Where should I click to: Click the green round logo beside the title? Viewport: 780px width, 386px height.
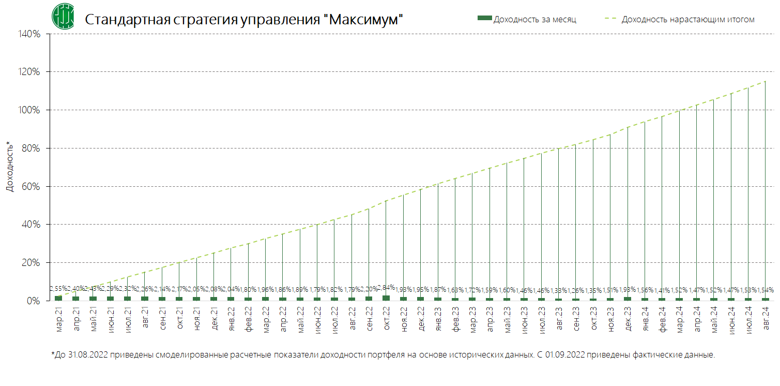click(x=63, y=16)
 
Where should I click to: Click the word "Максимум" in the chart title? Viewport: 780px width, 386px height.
click(x=362, y=20)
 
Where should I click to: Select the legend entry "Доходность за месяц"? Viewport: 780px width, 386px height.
click(x=534, y=19)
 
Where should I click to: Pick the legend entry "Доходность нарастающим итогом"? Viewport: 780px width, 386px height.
click(x=687, y=19)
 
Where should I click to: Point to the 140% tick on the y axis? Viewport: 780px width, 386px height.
click(x=29, y=34)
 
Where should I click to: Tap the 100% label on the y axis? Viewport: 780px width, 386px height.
click(x=29, y=110)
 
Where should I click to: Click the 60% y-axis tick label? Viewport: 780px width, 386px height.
click(x=31, y=186)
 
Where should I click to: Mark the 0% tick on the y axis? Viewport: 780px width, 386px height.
click(x=33, y=301)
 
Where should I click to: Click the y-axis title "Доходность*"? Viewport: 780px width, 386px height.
click(x=9, y=166)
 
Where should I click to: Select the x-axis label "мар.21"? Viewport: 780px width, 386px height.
click(x=58, y=319)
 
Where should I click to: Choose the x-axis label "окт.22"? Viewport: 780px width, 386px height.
click(x=386, y=319)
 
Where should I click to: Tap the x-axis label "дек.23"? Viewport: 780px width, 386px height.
click(x=628, y=319)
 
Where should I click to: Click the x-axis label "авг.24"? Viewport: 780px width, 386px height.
click(x=766, y=319)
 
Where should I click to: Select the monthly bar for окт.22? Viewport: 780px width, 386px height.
click(x=386, y=298)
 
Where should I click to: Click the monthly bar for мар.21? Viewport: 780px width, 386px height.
click(x=58, y=298)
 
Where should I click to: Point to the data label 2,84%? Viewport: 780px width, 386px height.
click(x=386, y=287)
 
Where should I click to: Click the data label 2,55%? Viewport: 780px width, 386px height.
click(x=58, y=288)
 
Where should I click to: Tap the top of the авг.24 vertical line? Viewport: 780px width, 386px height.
click(x=766, y=81)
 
